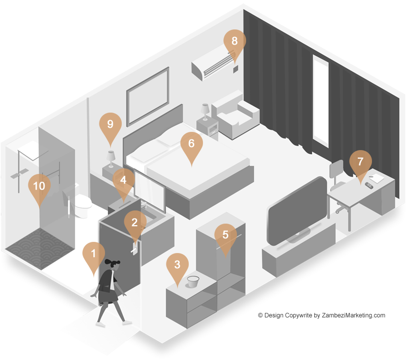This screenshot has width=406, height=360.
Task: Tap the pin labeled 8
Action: (x=234, y=42)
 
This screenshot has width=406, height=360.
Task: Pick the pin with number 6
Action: (x=192, y=145)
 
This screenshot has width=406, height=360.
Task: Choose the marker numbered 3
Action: (x=177, y=266)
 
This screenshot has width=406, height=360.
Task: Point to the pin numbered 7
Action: (x=360, y=163)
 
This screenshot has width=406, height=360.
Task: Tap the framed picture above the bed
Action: (x=148, y=96)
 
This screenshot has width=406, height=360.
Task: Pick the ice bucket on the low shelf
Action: (x=193, y=281)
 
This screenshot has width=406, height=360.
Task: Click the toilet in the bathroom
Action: (x=82, y=204)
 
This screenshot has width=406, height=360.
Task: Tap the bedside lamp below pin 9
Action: (x=111, y=159)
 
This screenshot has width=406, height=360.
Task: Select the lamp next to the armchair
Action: (x=205, y=112)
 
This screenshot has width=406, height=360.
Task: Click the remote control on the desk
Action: (x=369, y=185)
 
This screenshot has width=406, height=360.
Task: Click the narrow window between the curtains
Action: (x=321, y=101)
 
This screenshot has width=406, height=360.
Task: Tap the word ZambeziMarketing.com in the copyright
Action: (x=353, y=315)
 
